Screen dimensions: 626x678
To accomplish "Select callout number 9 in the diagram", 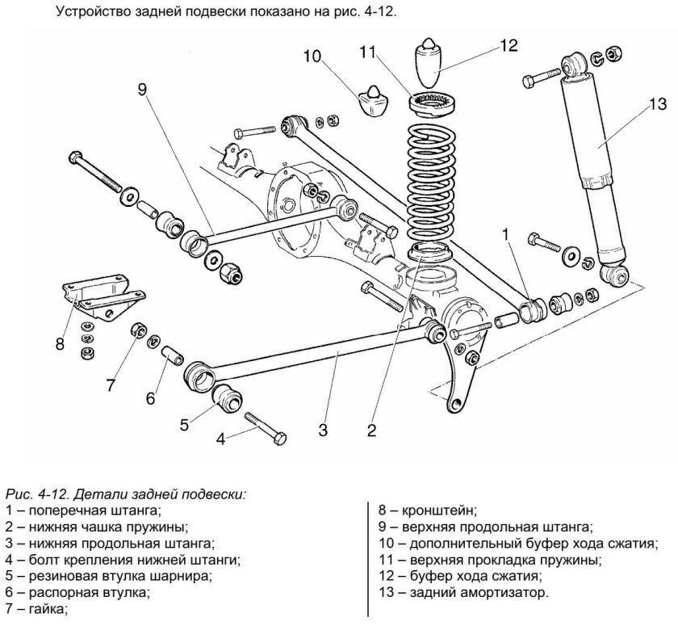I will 142,90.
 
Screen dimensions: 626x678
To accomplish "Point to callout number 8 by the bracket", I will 60,344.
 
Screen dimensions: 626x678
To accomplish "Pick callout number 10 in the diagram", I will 312,56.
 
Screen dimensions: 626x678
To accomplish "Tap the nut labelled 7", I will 139,330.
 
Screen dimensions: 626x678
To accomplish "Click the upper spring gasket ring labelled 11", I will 435,104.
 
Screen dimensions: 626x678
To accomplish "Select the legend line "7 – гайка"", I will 36,607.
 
